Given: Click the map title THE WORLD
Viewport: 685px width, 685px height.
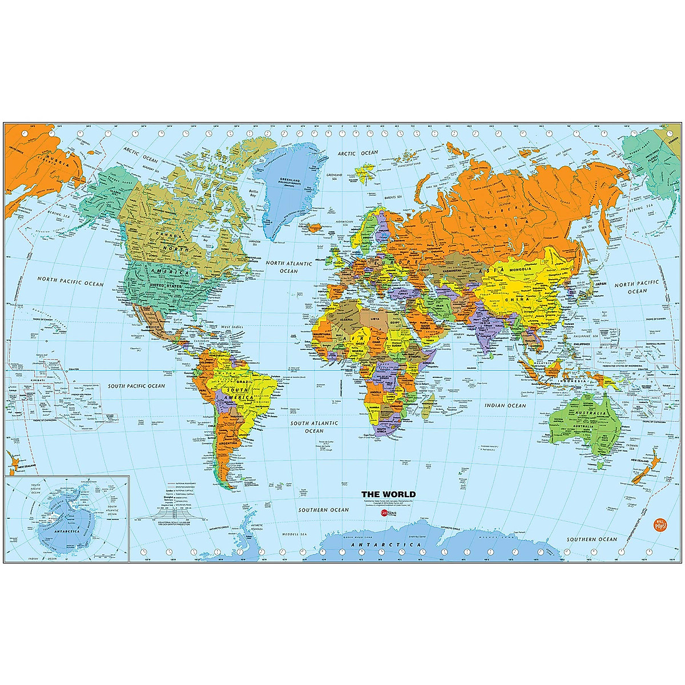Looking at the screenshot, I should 388,494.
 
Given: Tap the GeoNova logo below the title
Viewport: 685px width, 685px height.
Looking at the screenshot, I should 388,513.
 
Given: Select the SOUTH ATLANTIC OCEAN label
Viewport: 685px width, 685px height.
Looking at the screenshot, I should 314,427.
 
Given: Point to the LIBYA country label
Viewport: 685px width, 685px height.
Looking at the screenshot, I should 375,319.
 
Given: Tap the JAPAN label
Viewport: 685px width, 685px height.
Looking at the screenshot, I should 600,282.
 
